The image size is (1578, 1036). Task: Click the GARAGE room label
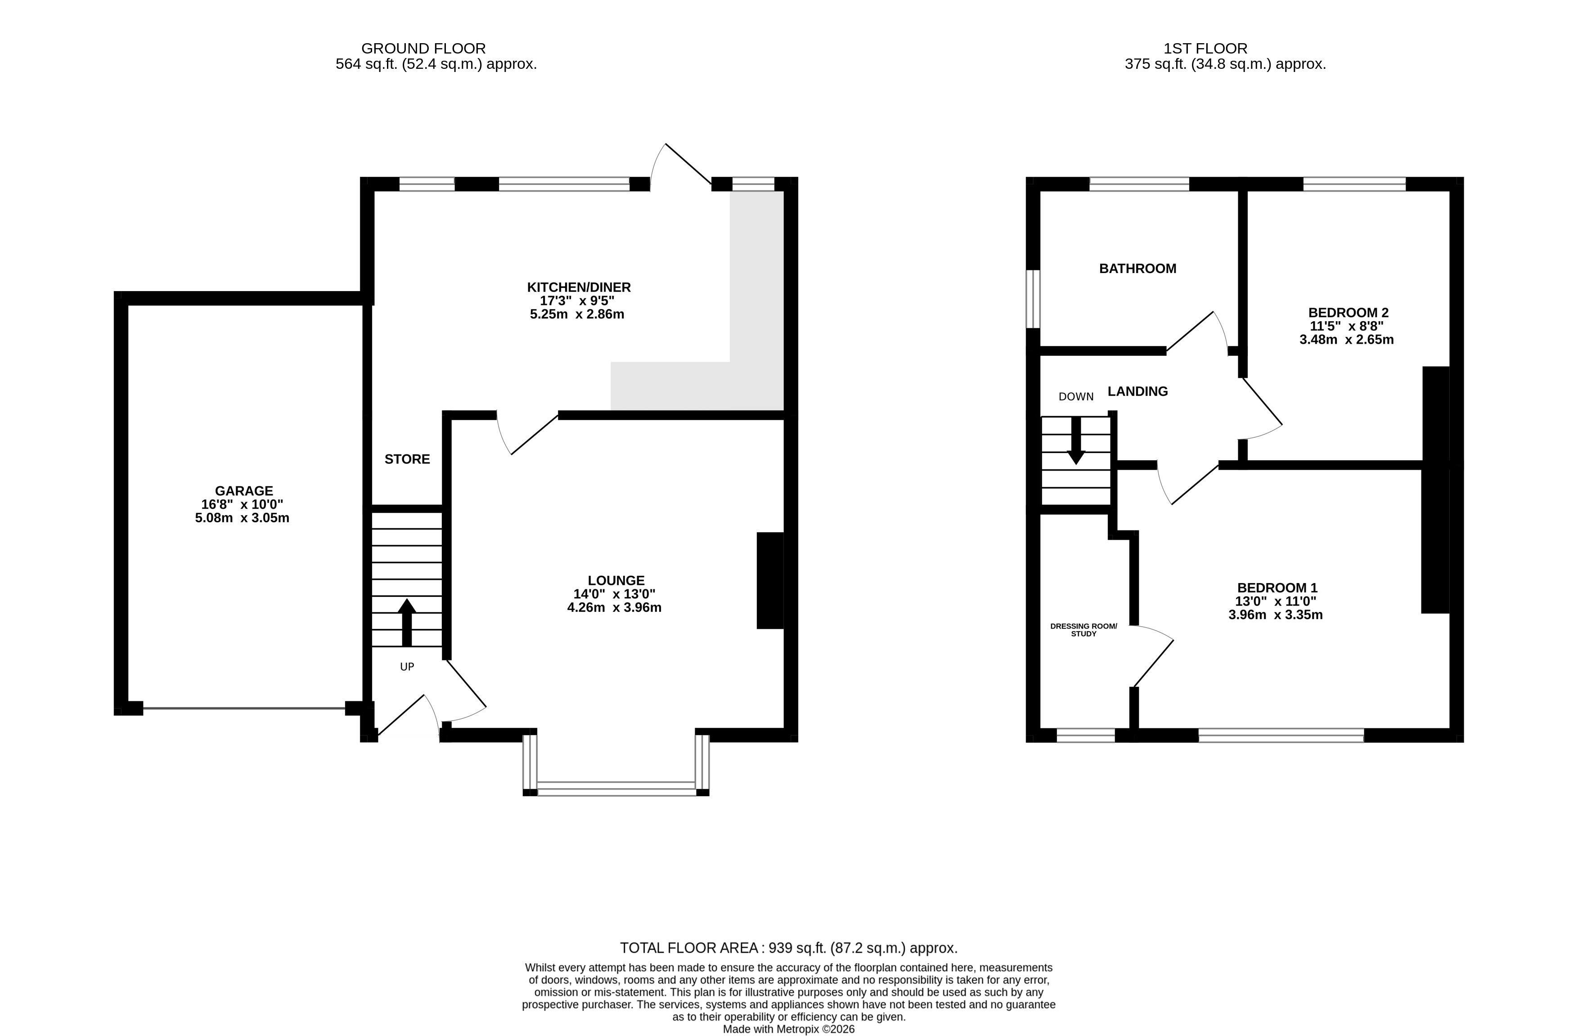click(243, 490)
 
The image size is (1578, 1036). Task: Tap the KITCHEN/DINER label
click(579, 287)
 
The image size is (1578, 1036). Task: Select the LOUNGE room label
click(616, 581)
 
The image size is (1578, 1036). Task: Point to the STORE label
click(407, 459)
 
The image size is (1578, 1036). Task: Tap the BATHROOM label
click(1138, 269)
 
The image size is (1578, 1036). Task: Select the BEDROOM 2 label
click(1348, 312)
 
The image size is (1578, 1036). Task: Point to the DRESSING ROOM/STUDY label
click(1083, 630)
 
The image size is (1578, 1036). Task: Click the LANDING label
click(1138, 391)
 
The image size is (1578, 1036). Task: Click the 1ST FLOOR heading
click(1205, 49)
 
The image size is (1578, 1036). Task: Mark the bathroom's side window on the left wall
click(1033, 299)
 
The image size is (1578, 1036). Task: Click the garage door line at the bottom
click(244, 709)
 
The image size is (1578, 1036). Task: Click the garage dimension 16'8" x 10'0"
click(242, 504)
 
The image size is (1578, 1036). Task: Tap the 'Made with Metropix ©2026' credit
click(788, 1029)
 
